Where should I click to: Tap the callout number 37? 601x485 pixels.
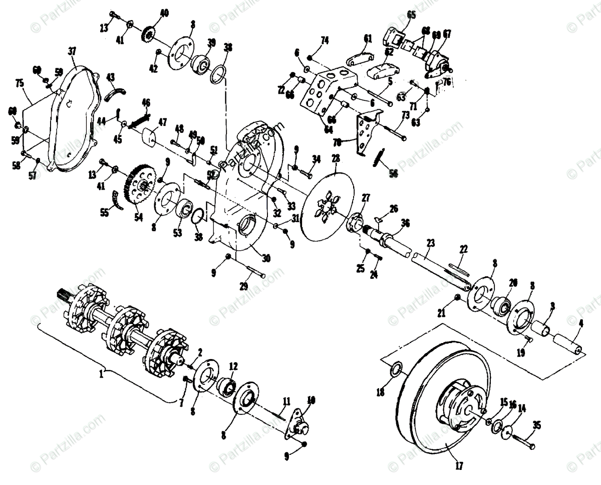point(73,51)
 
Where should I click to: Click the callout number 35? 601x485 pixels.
point(537,426)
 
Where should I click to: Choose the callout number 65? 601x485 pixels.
point(411,15)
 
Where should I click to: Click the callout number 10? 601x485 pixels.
point(311,401)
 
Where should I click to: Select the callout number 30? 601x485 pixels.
point(265,258)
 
